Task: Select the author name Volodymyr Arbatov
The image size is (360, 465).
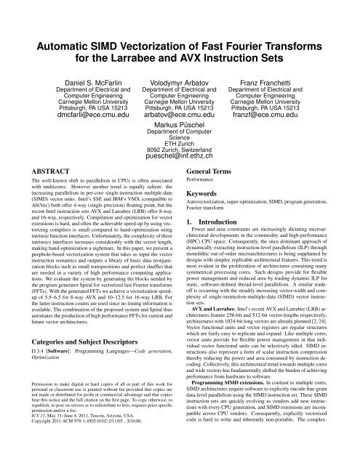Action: click(180, 64)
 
